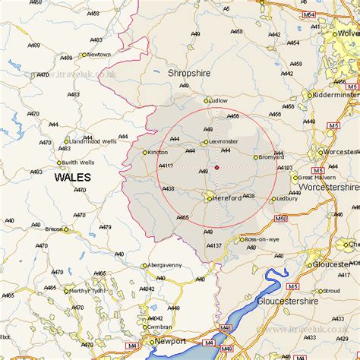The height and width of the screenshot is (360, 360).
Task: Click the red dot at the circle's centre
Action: coord(216,167)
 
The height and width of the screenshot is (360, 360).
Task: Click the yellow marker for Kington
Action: coord(145,153)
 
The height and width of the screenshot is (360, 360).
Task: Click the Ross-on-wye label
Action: coord(263,239)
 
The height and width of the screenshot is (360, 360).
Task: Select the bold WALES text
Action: coord(72,177)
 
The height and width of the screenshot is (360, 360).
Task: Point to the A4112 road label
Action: coord(166,165)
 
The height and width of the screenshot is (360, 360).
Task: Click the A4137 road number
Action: coord(214,245)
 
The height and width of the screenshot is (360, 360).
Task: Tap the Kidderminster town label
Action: coord(336,95)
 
